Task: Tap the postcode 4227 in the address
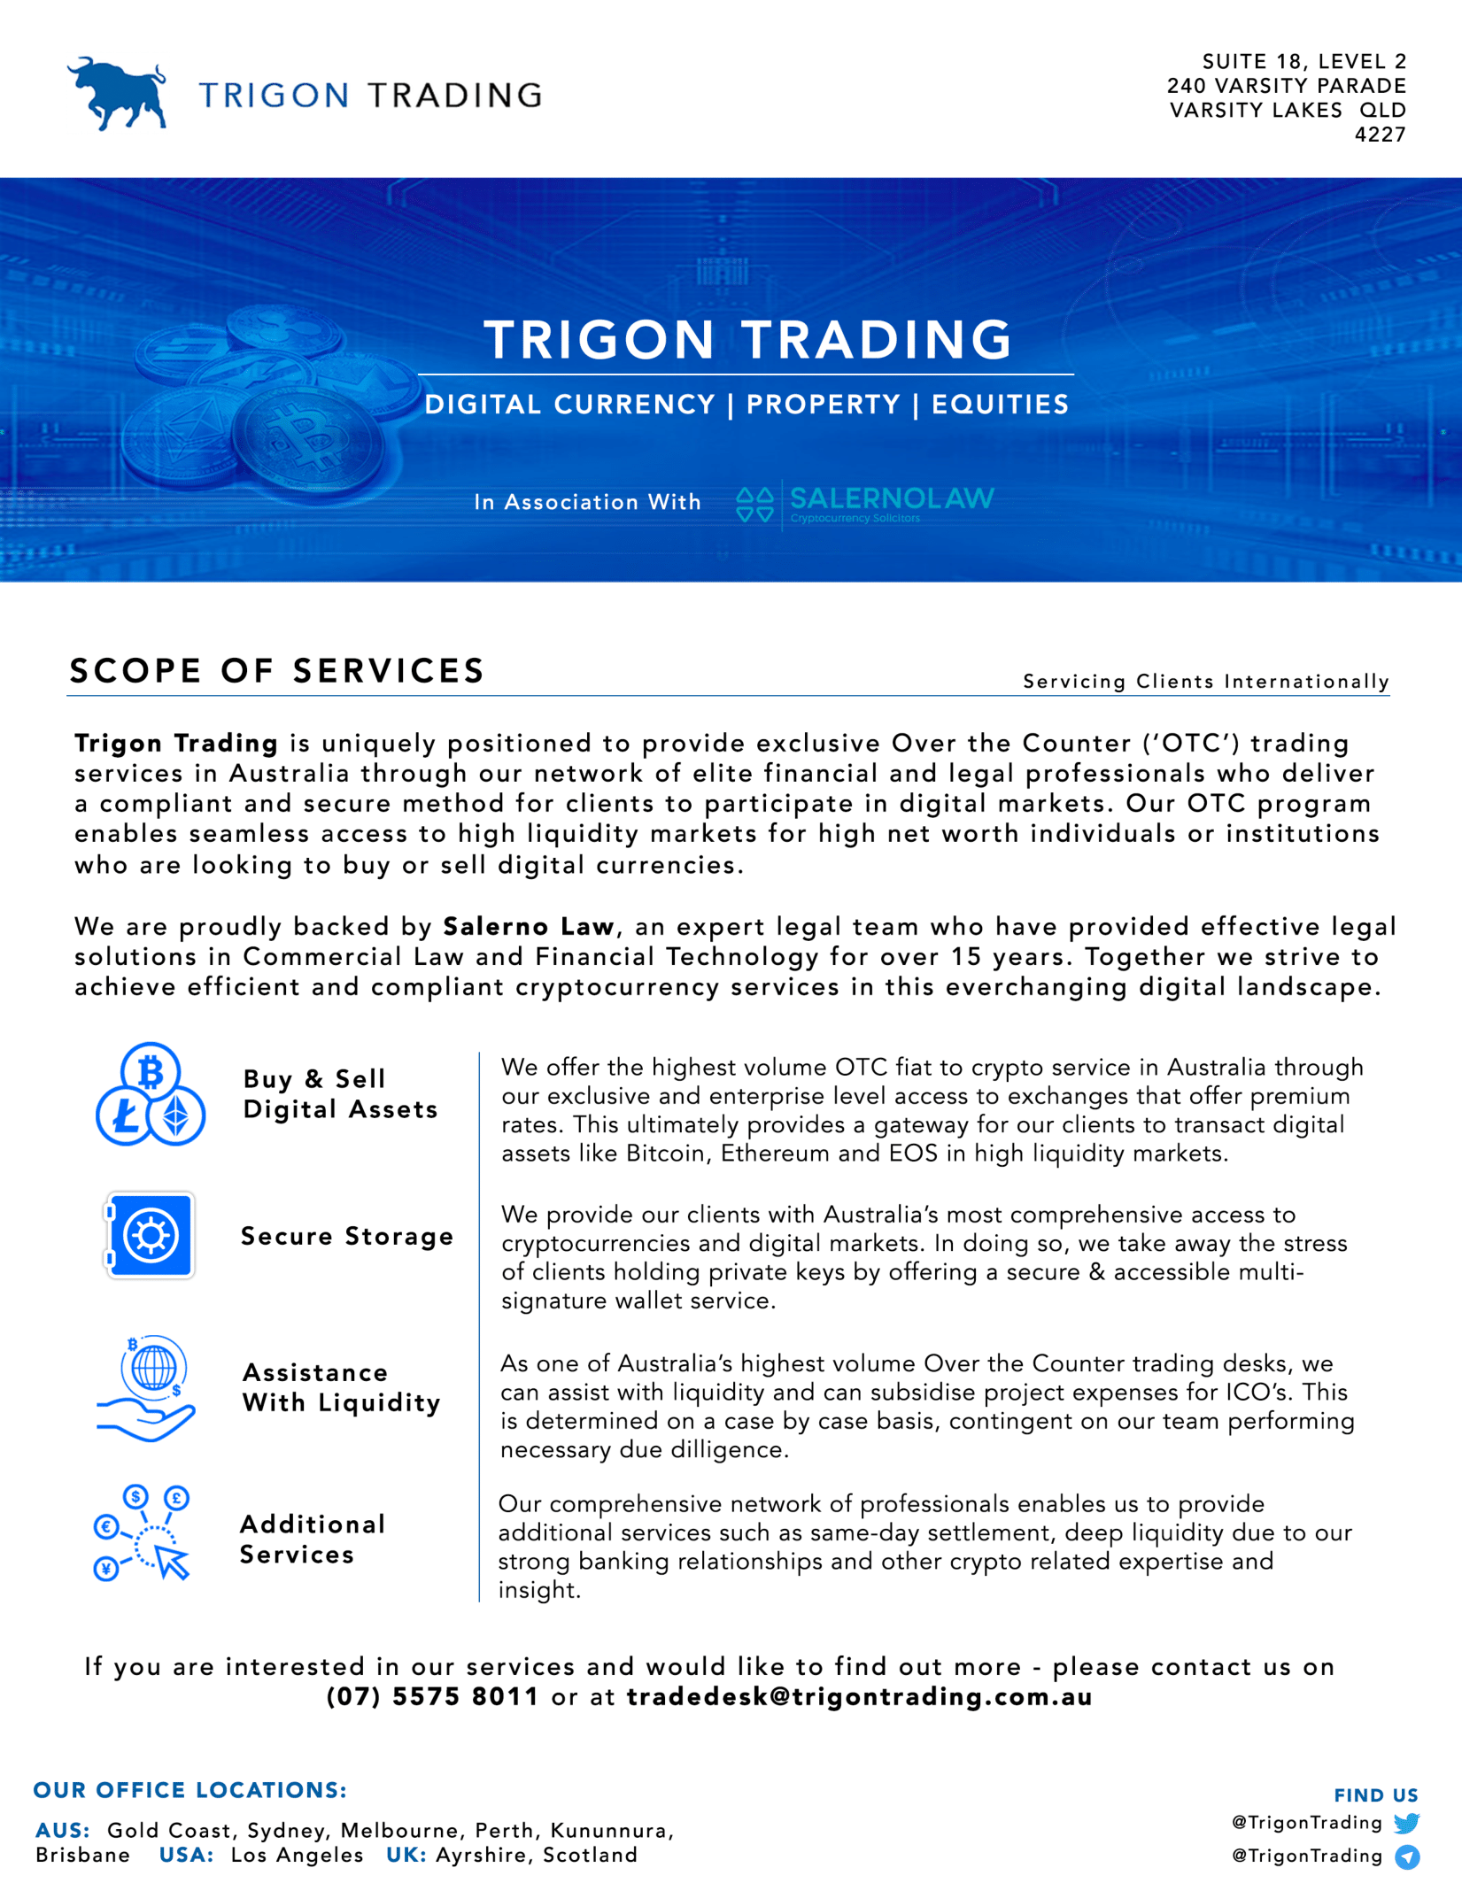(x=1380, y=135)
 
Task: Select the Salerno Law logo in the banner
(x=865, y=504)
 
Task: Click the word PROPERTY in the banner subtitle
(x=823, y=405)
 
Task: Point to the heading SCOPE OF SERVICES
(x=277, y=671)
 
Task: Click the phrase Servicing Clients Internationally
(x=1205, y=681)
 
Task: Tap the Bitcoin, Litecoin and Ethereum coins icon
(x=151, y=1094)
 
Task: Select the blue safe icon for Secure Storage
(x=150, y=1235)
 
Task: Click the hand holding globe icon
(x=147, y=1387)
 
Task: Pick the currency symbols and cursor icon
(x=143, y=1532)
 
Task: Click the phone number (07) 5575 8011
(x=432, y=1696)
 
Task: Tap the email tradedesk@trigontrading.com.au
(x=859, y=1696)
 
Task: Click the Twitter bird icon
(x=1406, y=1823)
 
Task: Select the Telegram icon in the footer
(x=1407, y=1856)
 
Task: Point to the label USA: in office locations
(x=186, y=1855)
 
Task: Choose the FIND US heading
(x=1375, y=1795)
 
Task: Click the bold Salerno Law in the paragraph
(x=529, y=926)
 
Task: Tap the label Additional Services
(x=313, y=1539)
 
